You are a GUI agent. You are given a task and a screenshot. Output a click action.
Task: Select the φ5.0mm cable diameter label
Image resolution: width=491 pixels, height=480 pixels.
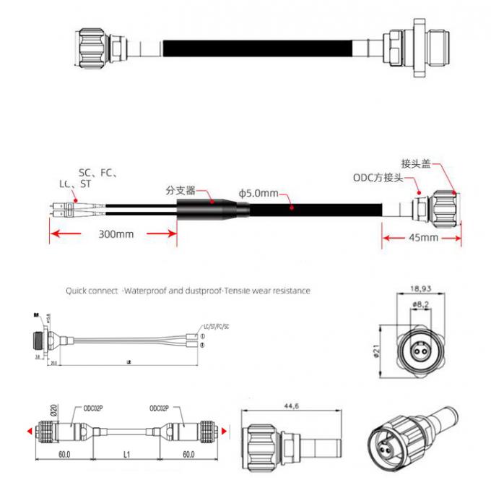[258, 194]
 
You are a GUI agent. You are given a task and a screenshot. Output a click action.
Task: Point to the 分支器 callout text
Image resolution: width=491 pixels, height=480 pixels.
[181, 191]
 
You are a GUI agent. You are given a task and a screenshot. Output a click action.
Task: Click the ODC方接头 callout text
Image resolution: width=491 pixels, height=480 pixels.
[377, 178]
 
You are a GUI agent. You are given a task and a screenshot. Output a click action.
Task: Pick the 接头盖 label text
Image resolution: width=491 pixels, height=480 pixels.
[416, 163]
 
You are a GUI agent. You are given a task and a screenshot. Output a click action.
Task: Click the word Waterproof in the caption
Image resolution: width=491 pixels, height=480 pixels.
[147, 291]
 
